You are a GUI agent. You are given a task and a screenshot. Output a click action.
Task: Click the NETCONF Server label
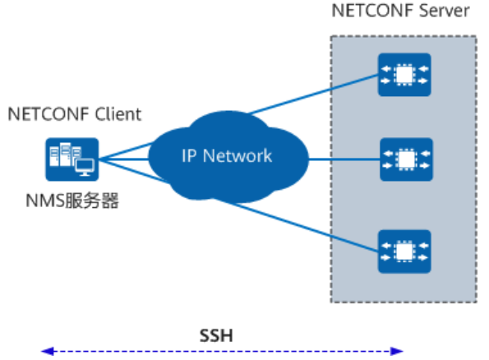click(x=400, y=11)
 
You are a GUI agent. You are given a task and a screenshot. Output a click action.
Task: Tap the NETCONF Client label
click(x=75, y=114)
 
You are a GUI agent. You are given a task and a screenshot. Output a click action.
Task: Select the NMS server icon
click(x=72, y=159)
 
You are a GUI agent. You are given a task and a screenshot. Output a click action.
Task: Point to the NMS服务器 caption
click(x=72, y=201)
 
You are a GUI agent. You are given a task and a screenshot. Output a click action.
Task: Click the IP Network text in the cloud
click(x=227, y=155)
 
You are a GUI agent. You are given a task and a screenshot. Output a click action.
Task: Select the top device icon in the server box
click(x=404, y=75)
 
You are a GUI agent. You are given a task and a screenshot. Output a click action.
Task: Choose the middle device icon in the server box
click(x=406, y=159)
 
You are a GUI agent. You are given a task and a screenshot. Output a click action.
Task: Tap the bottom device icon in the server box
click(x=404, y=252)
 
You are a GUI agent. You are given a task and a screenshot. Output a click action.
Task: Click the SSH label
click(x=216, y=335)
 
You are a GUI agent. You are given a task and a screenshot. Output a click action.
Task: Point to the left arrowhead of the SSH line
click(x=48, y=351)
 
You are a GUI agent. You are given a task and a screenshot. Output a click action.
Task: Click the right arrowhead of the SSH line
click(x=397, y=351)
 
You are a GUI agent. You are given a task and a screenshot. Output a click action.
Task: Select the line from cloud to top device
click(x=313, y=95)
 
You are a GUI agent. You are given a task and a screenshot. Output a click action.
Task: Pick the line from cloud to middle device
click(x=344, y=159)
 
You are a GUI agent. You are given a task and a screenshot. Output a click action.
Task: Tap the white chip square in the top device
click(x=404, y=75)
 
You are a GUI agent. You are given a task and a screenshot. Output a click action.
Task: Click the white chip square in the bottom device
click(x=404, y=252)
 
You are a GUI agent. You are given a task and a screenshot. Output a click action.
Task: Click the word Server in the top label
click(x=444, y=11)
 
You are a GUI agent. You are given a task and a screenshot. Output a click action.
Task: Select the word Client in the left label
click(x=118, y=114)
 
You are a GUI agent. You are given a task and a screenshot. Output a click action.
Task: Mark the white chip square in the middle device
click(x=406, y=159)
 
